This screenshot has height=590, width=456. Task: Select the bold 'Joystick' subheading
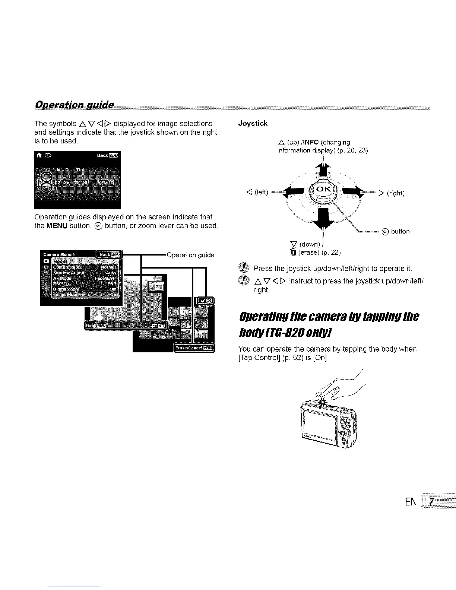pos(253,123)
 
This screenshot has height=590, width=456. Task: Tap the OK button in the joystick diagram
pos(323,190)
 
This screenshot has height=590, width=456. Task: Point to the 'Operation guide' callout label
pos(190,255)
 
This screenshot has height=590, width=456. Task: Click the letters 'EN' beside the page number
pos(411,502)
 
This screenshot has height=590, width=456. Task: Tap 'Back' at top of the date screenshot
pos(102,155)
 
